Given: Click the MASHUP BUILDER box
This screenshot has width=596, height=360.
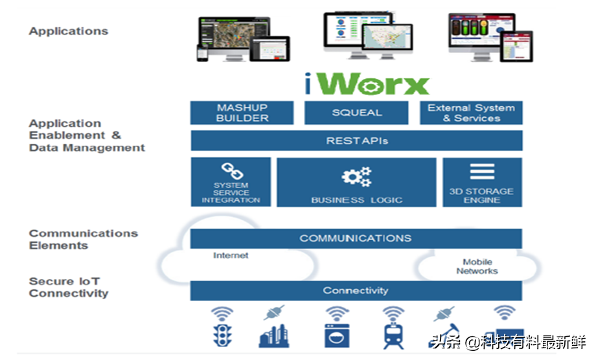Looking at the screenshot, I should [x=242, y=113].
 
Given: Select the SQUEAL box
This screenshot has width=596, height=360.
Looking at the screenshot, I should [x=356, y=113].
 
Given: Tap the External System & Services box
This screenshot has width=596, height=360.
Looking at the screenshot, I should [x=471, y=113].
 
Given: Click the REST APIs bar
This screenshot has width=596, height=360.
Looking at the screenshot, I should [x=356, y=141].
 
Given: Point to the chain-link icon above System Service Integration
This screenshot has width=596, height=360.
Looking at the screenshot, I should [x=231, y=172].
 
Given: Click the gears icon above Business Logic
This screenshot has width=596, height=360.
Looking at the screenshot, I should [x=356, y=177].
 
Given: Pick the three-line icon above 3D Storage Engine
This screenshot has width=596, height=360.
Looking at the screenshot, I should [x=482, y=172].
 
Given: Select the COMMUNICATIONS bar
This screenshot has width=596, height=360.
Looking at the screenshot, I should [x=356, y=238].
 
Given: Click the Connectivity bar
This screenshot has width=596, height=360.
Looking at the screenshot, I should [x=356, y=291].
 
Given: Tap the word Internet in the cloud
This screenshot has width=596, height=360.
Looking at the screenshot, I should [x=231, y=256].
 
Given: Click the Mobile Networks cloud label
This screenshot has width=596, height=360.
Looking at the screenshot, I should [x=477, y=266].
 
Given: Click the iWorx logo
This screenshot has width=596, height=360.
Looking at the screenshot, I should [x=367, y=84].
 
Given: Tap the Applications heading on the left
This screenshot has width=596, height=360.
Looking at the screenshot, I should [x=68, y=31].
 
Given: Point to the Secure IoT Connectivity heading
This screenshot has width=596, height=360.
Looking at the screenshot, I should [x=68, y=287].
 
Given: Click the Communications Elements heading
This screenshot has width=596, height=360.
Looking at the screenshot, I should [x=83, y=240].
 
